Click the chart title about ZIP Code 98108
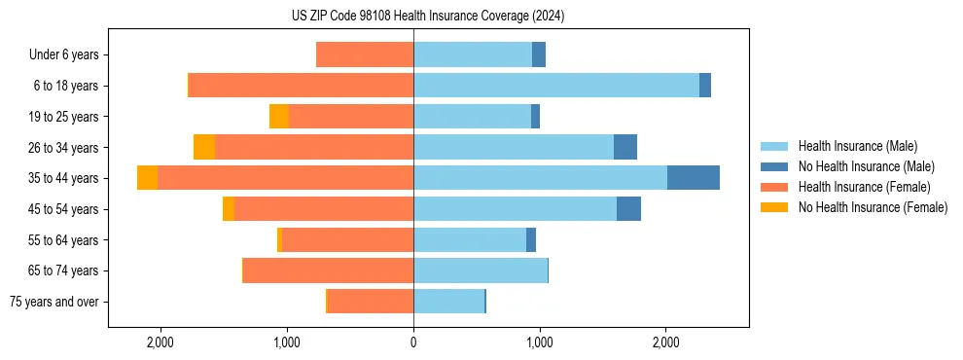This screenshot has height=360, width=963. coord(428,16)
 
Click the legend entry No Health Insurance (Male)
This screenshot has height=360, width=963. coord(866,166)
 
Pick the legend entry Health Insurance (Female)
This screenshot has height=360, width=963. coord(864,187)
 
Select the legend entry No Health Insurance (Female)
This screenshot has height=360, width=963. coord(873,207)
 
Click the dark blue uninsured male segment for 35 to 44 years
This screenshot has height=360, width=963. coord(694,178)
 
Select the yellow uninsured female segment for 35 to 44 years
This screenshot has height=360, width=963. coord(147,178)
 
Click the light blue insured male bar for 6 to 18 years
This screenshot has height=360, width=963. coord(556,86)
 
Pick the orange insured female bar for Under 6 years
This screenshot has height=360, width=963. coord(365,54)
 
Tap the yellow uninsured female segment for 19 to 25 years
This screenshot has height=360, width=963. coord(279,117)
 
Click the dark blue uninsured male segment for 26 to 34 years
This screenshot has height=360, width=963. coord(625,147)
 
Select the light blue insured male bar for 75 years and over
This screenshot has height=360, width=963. coord(448,302)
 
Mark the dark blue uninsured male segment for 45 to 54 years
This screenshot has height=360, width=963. coord(628,209)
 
